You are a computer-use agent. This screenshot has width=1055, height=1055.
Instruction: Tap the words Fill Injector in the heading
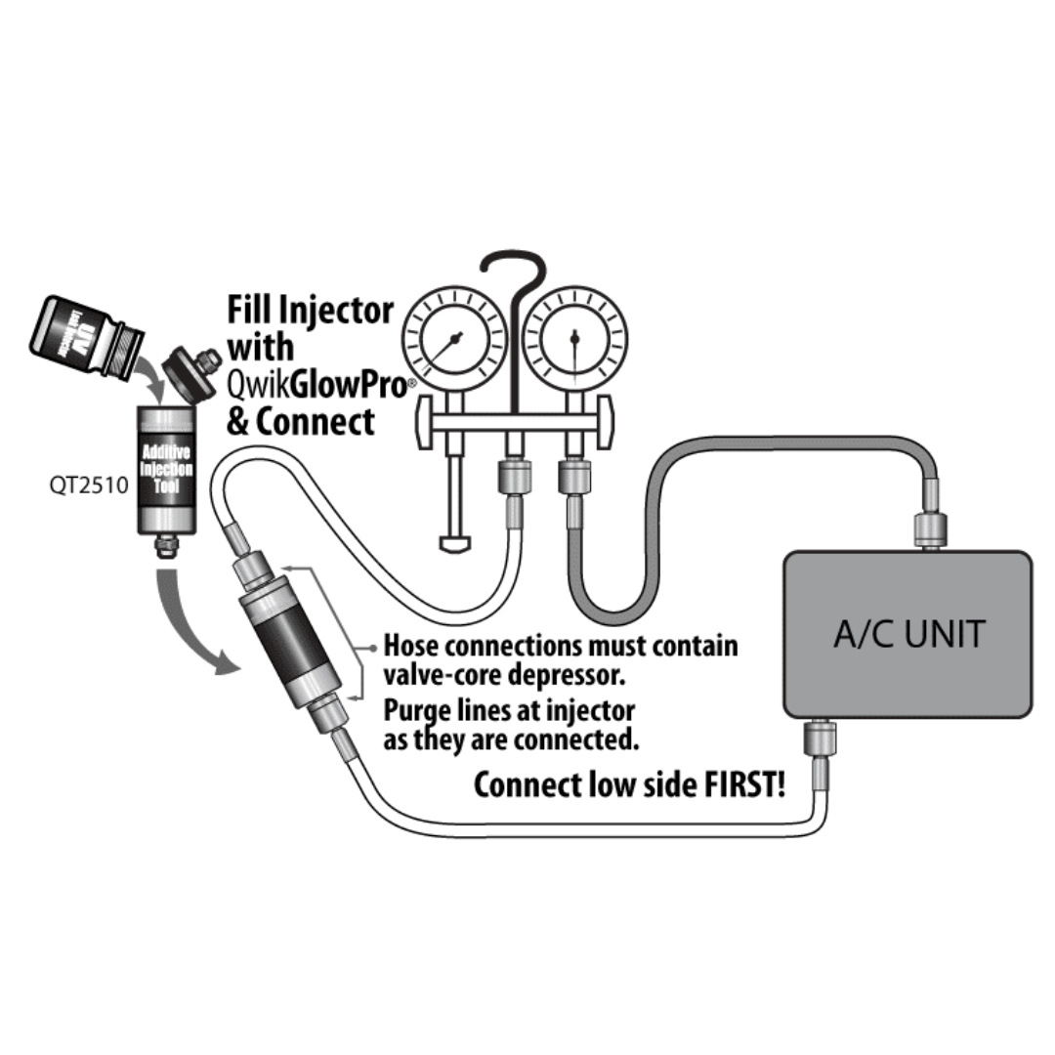click(310, 311)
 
